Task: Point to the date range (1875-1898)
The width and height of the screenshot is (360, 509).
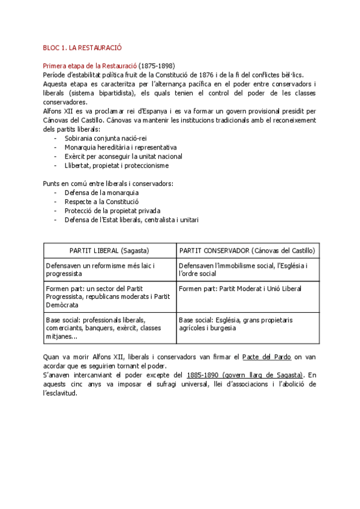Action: [157, 65]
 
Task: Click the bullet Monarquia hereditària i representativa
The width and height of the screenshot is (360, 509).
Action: [121, 147]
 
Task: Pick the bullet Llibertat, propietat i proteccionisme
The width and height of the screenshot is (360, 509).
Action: [116, 165]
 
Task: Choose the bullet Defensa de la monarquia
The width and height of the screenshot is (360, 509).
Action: [101, 193]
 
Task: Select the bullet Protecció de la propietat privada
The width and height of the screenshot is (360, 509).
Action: [113, 211]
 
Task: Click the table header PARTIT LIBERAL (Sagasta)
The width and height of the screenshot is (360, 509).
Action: [109, 250]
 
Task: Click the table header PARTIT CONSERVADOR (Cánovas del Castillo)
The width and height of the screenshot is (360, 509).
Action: [247, 250]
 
